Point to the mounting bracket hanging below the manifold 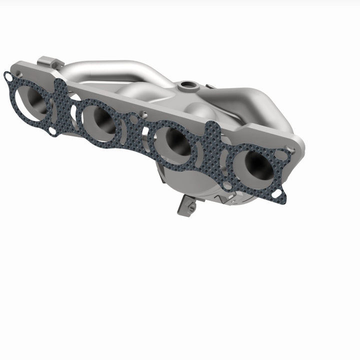click(x=186, y=205)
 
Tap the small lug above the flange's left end click(x=50, y=62)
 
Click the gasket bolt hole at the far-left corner click(x=8, y=76)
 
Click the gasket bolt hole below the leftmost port click(x=52, y=131)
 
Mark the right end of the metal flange click(x=299, y=145)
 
